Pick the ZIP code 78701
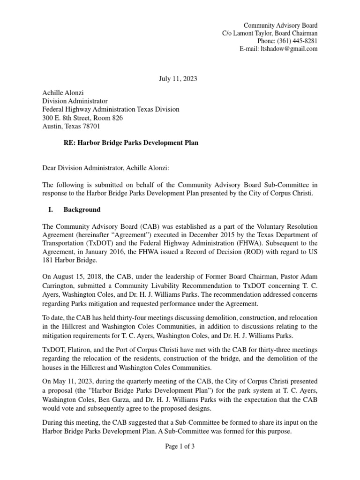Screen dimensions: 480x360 click(x=91, y=126)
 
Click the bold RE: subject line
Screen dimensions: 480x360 click(x=131, y=143)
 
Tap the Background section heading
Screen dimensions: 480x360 click(x=82, y=210)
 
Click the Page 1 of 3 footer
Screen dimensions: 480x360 click(x=180, y=447)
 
